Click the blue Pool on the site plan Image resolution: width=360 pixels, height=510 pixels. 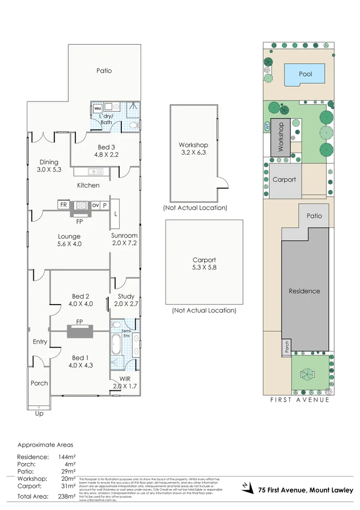click(x=304, y=74)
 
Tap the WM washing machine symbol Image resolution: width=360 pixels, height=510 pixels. click(x=98, y=108)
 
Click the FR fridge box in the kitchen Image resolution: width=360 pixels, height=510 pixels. click(x=64, y=205)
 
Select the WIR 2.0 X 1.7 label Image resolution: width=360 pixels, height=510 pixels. click(x=124, y=382)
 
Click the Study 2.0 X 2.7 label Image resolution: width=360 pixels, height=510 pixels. click(x=126, y=300)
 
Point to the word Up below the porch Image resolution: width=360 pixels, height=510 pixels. click(x=39, y=413)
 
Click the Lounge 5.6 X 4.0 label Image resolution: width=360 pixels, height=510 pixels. click(x=69, y=240)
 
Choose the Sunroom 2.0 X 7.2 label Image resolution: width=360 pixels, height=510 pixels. click(x=124, y=239)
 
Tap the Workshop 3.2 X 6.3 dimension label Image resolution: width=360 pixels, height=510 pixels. click(x=193, y=149)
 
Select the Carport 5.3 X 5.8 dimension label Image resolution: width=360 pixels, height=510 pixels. click(x=204, y=263)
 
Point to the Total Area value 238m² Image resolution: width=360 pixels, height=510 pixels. click(x=67, y=497)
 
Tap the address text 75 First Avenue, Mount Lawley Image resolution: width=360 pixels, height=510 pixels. click(x=305, y=490)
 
